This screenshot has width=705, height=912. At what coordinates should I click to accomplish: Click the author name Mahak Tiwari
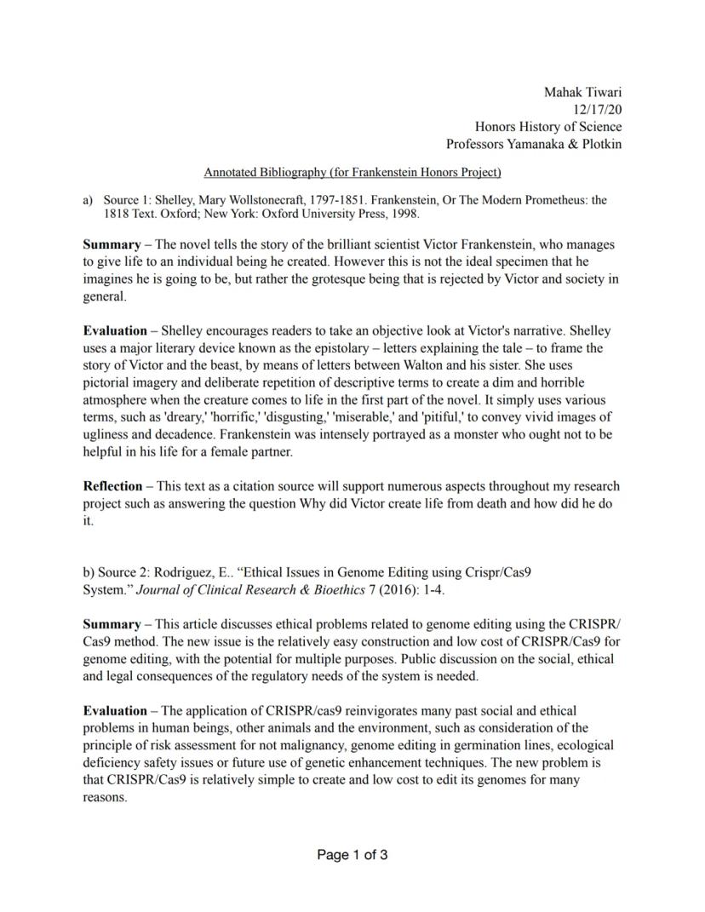[x=582, y=91]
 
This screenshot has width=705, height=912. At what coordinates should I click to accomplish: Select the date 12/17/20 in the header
[x=598, y=109]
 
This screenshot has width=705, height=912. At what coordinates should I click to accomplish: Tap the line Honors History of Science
[x=547, y=127]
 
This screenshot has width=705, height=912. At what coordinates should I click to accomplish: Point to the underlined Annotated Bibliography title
[x=352, y=173]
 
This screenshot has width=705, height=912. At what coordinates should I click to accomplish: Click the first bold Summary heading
[x=112, y=244]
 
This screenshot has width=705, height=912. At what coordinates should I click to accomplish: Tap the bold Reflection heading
[x=112, y=486]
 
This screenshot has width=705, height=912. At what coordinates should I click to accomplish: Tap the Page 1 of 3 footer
[x=352, y=855]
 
